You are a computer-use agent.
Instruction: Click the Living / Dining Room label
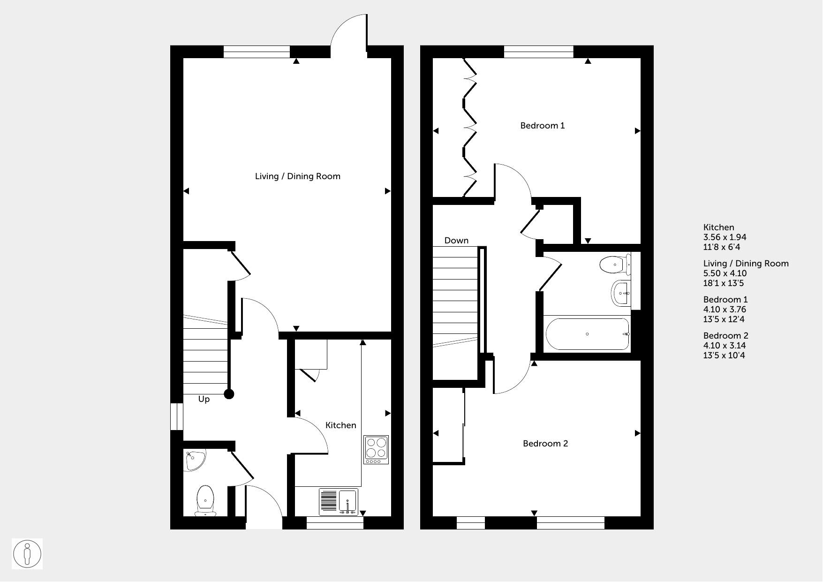tap(297, 176)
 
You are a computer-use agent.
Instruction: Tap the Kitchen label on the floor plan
tap(341, 425)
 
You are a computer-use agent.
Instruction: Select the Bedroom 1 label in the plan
tap(543, 126)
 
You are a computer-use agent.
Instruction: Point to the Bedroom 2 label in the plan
tap(545, 444)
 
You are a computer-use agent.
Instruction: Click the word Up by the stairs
tap(204, 400)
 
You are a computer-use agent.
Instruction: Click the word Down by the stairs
tap(456, 241)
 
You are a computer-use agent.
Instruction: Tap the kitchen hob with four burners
tap(376, 450)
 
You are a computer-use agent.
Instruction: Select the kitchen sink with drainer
tap(338, 501)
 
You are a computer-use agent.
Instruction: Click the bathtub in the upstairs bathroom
tap(588, 334)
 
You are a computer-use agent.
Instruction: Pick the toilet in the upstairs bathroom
tap(615, 265)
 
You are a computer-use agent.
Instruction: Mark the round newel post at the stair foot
tap(229, 394)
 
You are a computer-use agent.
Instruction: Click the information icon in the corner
tap(27, 554)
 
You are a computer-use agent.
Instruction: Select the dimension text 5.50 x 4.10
tap(725, 273)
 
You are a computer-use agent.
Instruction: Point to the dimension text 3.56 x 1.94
tap(725, 237)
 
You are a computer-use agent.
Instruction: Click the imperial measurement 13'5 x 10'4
tap(724, 355)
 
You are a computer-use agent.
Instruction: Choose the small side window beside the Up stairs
tap(177, 416)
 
